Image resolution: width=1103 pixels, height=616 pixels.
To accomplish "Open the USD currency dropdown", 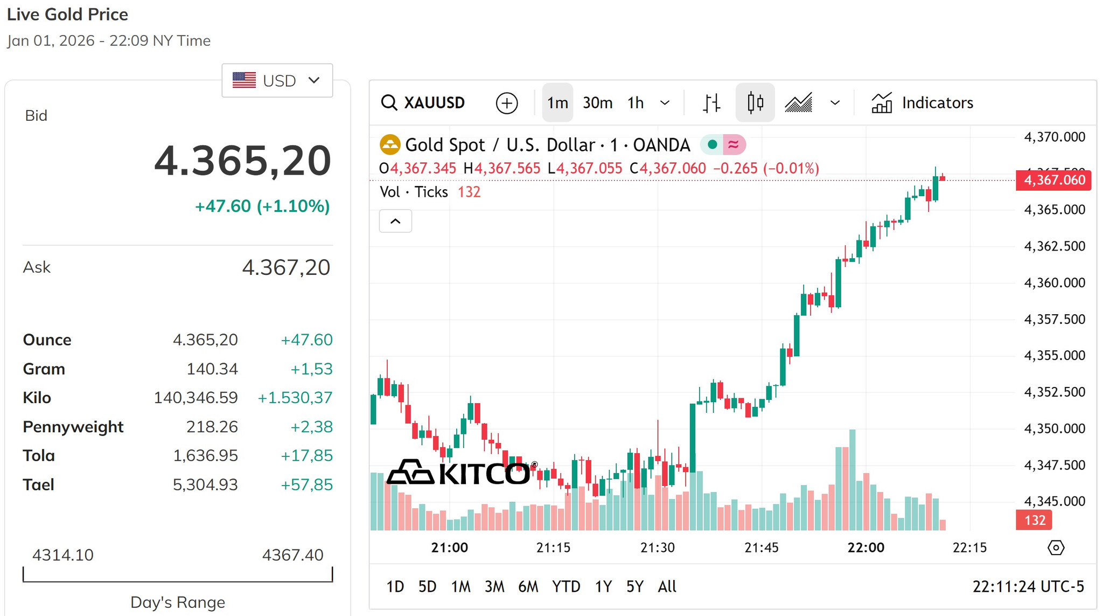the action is [277, 80].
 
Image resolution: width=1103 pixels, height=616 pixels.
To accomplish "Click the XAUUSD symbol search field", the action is [423, 102].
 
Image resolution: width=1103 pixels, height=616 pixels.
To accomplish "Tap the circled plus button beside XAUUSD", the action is [507, 103].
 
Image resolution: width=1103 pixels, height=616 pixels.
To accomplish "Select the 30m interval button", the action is [597, 102].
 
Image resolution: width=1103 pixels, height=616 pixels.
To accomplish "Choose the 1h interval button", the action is [636, 102].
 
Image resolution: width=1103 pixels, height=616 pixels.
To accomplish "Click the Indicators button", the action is [922, 102].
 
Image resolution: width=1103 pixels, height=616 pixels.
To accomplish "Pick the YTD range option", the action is [566, 586].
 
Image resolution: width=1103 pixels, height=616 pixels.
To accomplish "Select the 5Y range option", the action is [635, 586].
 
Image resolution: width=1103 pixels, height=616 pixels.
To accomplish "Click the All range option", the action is [667, 586].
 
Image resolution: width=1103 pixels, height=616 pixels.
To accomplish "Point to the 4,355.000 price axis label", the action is [1055, 356].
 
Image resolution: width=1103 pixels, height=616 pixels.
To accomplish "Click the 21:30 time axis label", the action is [657, 548].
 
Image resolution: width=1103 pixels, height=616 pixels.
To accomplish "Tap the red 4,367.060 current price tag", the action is [1053, 180].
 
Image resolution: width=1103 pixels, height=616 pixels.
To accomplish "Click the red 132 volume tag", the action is [1034, 520].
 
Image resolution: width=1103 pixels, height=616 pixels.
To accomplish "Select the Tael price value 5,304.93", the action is [205, 485].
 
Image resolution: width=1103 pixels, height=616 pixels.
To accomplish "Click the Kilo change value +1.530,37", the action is [295, 398].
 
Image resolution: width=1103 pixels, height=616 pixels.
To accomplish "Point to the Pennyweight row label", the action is [73, 427].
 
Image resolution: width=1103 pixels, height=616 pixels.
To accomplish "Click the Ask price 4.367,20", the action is [286, 267].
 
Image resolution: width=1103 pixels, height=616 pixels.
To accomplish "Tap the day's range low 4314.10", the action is [63, 555].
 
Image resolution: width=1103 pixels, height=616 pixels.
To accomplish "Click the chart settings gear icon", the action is [1056, 548].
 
